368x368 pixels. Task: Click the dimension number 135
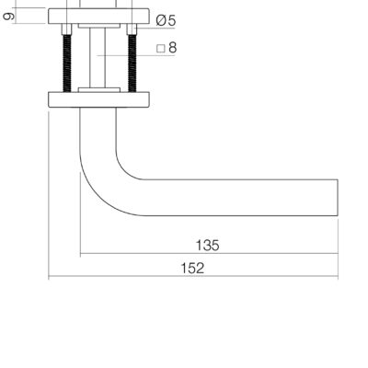(207, 246)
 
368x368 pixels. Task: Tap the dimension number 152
(192, 269)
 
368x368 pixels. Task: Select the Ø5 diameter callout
(166, 20)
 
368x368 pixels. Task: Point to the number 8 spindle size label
(173, 48)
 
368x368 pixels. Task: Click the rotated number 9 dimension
(8, 16)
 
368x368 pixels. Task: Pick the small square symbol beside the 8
(161, 49)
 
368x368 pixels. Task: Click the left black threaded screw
(67, 63)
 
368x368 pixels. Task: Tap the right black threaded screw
(132, 63)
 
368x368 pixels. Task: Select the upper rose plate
(98, 16)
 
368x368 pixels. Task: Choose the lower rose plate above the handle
(98, 99)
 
